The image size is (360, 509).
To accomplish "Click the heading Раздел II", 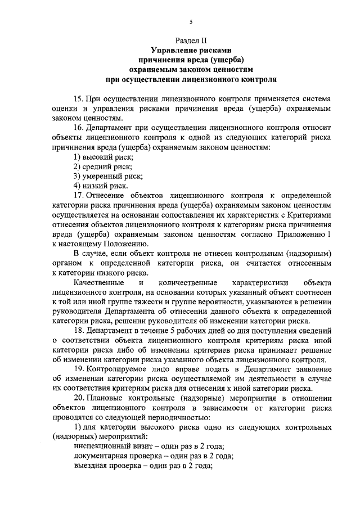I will (x=191, y=41).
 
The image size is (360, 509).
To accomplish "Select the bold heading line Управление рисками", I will (x=191, y=51).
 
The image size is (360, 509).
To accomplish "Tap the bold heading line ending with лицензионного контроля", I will (x=191, y=79).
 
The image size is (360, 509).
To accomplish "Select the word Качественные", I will (x=98, y=282).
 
